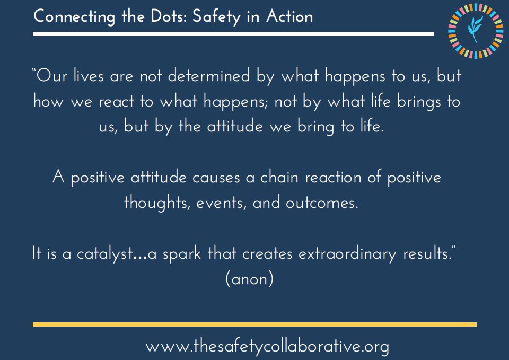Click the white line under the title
(x=233, y=34)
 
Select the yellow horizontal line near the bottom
(x=254, y=324)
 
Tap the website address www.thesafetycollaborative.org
(x=267, y=347)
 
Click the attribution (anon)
(x=249, y=279)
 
